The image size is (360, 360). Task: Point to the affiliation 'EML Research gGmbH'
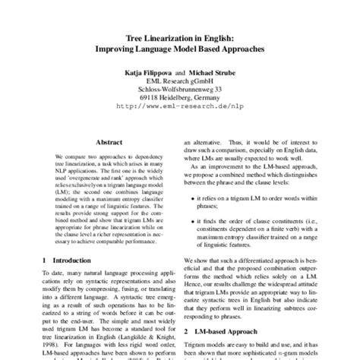179,87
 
